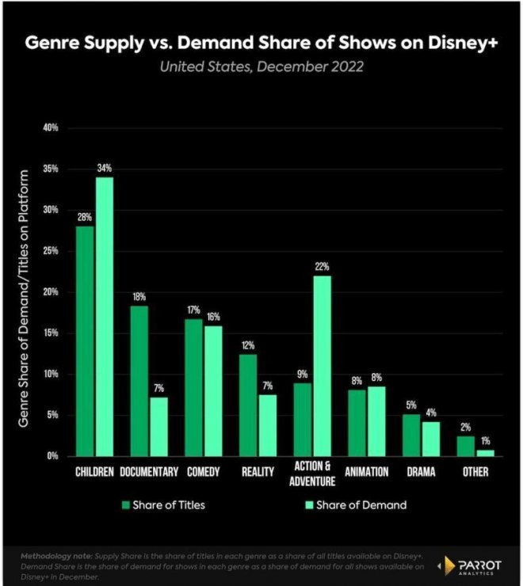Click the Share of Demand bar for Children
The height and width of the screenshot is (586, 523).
[x=104, y=317]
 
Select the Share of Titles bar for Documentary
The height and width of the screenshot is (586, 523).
[x=138, y=381]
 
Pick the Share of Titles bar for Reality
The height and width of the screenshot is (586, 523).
[x=247, y=405]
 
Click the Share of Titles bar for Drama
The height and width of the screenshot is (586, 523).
[x=410, y=435]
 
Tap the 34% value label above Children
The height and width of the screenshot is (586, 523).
[x=105, y=168]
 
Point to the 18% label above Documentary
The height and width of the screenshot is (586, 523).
[x=138, y=297]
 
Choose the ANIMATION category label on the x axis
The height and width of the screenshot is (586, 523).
[x=366, y=472]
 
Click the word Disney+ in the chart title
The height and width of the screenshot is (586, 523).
[x=454, y=44]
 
